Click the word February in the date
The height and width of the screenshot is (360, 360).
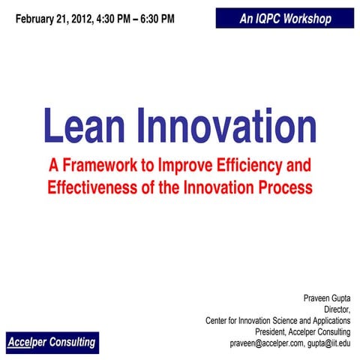(x=37, y=16)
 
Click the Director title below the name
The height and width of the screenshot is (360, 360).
(x=337, y=308)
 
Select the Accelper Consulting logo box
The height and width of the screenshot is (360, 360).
(x=52, y=342)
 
